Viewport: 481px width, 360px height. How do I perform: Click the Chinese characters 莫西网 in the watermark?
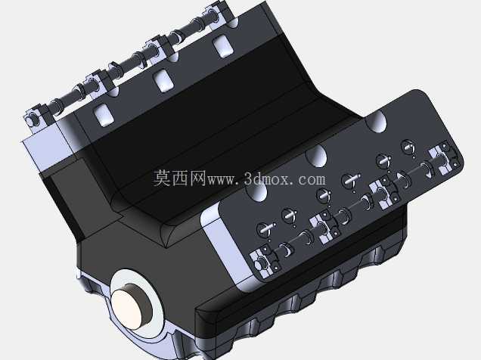pos(179,178)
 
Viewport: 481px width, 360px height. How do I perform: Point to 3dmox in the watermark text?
pos(266,178)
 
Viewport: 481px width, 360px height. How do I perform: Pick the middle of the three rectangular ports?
pos(164,81)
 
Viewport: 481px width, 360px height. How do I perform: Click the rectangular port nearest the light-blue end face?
pos(104,115)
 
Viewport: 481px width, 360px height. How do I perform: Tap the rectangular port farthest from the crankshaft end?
pos(223,46)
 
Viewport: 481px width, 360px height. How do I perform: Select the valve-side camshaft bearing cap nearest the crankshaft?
pos(264,262)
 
